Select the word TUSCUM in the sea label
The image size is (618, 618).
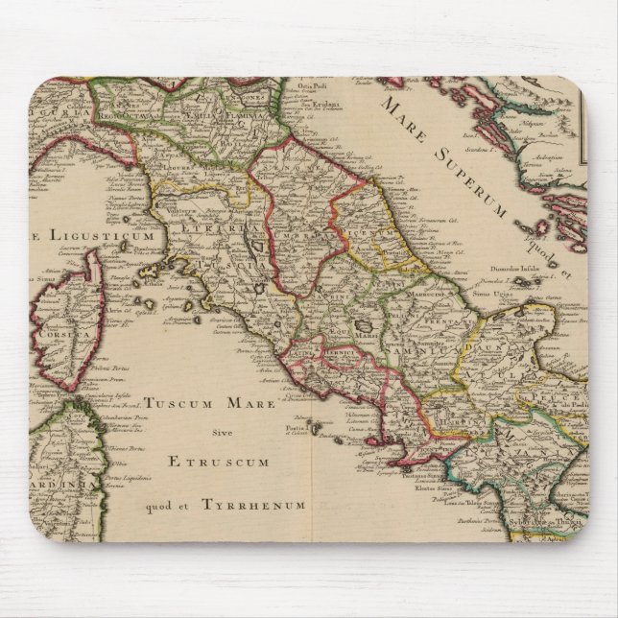178,404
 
